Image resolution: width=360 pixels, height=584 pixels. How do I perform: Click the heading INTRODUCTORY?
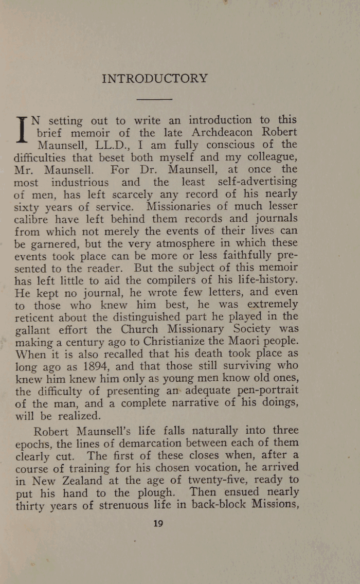coord(155,79)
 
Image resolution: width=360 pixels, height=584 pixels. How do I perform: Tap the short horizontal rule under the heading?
coord(155,99)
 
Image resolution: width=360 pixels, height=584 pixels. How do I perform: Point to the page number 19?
coord(158,524)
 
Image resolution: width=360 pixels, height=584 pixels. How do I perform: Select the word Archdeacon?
coord(228,133)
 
